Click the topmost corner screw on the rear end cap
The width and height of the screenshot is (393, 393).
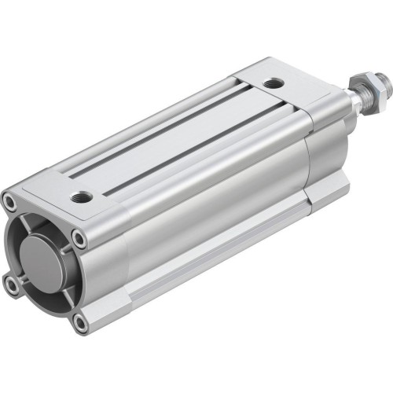[x=10, y=201]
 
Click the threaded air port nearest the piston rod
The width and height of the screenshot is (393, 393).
[x=271, y=82]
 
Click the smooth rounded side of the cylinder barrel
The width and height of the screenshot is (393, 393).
[x=204, y=212]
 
